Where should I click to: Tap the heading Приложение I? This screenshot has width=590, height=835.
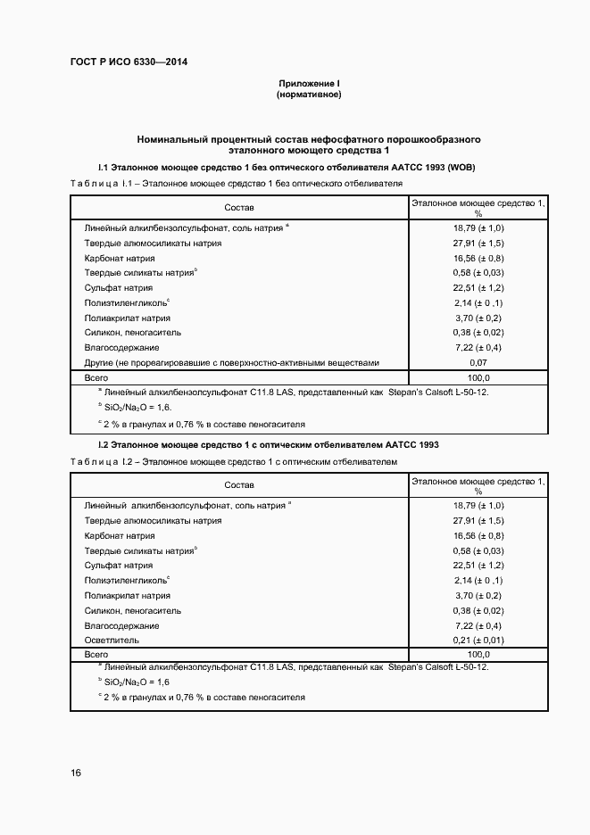point(309,83)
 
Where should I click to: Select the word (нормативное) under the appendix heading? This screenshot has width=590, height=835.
point(309,94)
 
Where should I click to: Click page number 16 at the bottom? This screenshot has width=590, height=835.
point(76,773)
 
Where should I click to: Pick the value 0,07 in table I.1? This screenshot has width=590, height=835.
point(478,363)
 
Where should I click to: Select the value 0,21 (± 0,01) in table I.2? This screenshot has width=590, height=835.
point(478,641)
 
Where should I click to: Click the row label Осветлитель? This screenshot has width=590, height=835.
point(112,641)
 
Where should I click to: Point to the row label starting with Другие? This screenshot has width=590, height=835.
point(232,363)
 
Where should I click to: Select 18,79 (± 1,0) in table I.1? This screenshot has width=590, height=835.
point(478,228)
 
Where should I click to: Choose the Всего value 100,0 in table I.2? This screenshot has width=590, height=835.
point(478,655)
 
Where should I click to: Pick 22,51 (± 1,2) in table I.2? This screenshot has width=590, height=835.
point(478,566)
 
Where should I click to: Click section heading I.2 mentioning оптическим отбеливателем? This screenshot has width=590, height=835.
point(268,444)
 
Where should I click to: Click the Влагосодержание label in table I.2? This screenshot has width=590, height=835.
point(122,625)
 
